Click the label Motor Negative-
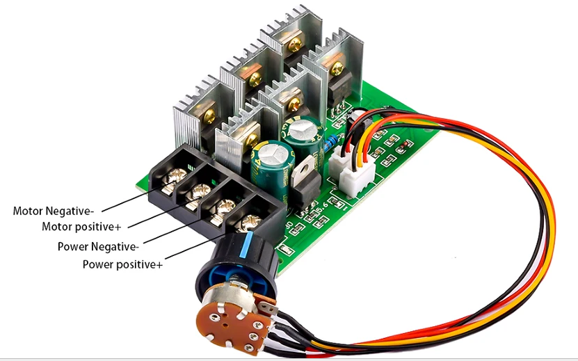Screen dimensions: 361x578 [x=53, y=211]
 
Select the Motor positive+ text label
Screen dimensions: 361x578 [x=81, y=227]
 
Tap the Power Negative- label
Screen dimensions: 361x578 [x=98, y=246]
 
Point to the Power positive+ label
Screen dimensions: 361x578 [x=122, y=264]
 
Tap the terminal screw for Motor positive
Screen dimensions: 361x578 [x=202, y=191]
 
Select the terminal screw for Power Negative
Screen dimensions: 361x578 [x=225, y=207]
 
